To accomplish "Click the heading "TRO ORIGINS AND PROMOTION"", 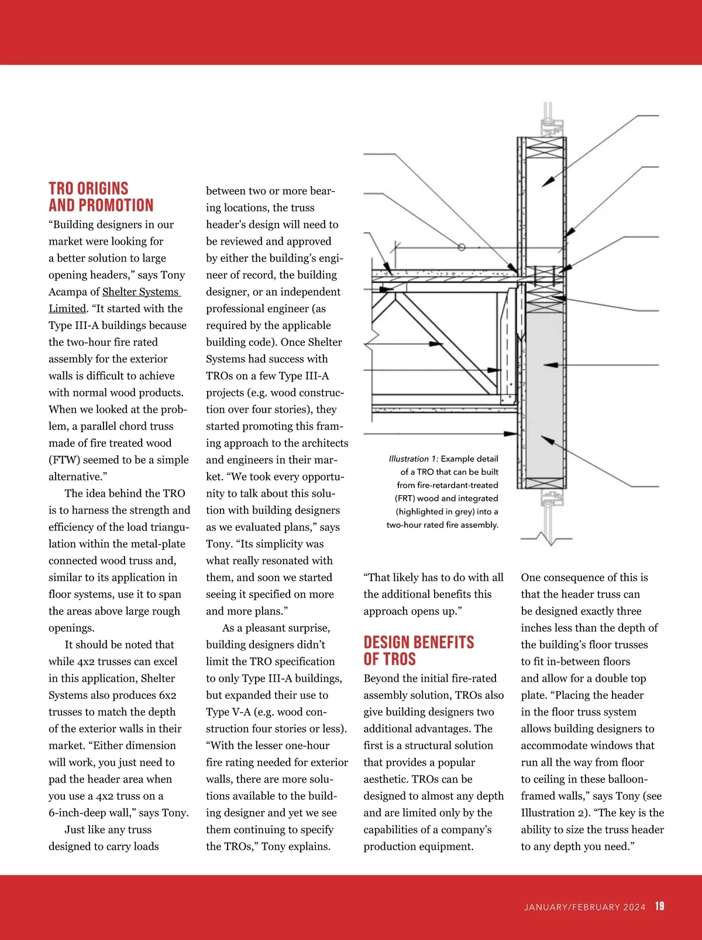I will click(101, 197).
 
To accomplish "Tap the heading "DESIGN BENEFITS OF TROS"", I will click(418, 650).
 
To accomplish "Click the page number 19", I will click(659, 906).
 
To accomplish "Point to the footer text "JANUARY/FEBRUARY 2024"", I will click(584, 907).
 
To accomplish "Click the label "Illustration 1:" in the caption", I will click(413, 459).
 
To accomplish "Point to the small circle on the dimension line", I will click(462, 248).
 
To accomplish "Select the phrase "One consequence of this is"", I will click(584, 578).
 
